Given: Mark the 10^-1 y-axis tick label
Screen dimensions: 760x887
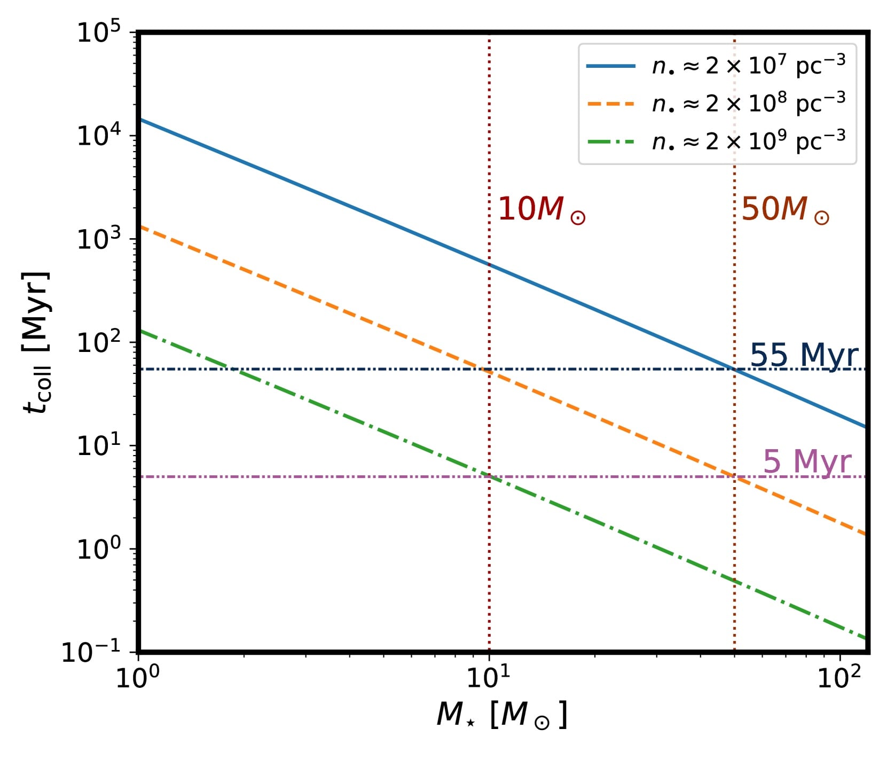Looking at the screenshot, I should click(x=91, y=653).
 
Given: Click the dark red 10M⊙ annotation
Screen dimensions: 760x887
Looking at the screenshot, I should click(x=541, y=209).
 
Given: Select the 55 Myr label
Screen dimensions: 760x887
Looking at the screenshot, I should click(x=804, y=355).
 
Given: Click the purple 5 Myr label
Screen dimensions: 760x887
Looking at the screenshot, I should click(x=807, y=462).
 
